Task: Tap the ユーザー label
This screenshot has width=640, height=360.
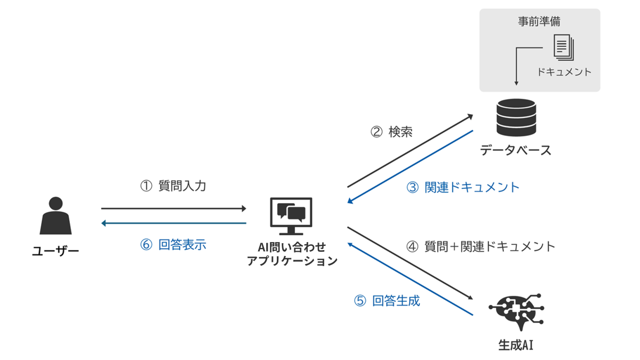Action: coord(55,251)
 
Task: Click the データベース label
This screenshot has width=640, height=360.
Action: coord(515,150)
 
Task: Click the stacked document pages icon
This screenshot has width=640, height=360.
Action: coord(564,47)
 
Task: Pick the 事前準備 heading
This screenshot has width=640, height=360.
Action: coord(539,22)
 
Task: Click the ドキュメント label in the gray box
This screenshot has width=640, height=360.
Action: coord(564,72)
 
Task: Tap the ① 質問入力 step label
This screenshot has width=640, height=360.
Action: coord(173,187)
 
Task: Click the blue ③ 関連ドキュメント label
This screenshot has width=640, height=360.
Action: coord(463,187)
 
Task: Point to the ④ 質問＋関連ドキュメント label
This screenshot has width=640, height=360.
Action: coord(481,246)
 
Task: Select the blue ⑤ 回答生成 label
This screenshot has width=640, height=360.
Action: coord(387,301)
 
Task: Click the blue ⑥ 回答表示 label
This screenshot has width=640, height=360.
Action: coord(173,245)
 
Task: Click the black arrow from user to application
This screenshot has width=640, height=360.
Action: coord(173,209)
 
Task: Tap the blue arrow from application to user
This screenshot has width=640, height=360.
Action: coord(173,223)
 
